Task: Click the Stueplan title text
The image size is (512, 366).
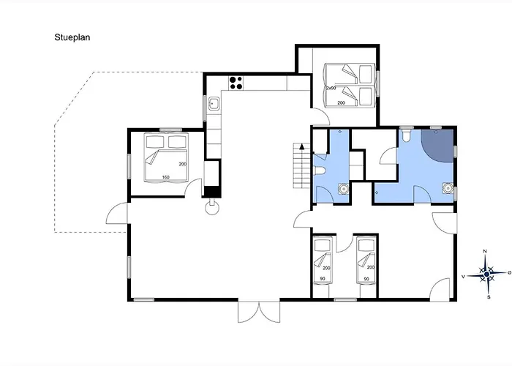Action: (72, 37)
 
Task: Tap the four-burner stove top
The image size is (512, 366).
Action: (236, 83)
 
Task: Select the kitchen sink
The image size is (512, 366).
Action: (214, 104)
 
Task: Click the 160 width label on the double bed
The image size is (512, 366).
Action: (165, 177)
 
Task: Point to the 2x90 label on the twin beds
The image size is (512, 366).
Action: (331, 89)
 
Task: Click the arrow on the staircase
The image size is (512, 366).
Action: (302, 146)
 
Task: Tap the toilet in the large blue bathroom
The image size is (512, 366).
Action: (406, 136)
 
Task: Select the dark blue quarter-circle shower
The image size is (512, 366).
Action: (437, 145)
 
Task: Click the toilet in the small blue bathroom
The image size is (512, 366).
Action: (319, 171)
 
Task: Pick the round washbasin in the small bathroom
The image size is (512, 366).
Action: (343, 189)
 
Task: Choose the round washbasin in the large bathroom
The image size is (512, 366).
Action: (448, 188)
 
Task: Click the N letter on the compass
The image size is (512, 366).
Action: (485, 251)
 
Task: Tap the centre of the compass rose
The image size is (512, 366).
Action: (486, 274)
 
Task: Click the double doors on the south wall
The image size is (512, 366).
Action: (259, 312)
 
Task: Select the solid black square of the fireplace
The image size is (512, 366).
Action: (212, 191)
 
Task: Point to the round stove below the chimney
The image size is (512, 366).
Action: (212, 208)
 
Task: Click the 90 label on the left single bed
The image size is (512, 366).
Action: (323, 279)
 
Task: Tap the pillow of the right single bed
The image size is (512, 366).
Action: (366, 244)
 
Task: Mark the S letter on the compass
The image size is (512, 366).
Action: (489, 297)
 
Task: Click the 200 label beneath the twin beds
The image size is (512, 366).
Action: (342, 103)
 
